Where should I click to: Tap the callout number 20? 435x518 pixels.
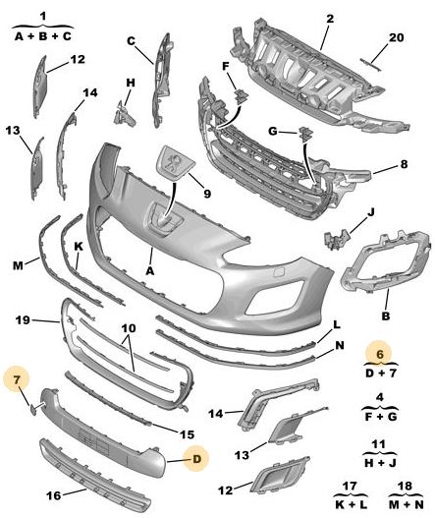396,37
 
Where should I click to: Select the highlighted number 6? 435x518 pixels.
380,354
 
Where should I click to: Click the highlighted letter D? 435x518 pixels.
196,459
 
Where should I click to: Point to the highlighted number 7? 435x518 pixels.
17,379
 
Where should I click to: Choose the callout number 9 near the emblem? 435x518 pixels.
207,194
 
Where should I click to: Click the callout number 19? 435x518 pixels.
23,319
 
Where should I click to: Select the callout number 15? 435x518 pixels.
187,434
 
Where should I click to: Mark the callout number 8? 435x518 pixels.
404,164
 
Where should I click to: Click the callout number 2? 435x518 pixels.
330,19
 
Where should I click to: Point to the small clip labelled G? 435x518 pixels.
305,134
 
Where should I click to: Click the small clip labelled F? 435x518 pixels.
242,95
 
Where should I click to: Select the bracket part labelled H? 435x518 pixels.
124,114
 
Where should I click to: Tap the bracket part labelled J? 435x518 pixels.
337,238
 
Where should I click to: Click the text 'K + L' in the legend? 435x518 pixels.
351,504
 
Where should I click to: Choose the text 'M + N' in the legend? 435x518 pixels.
406,504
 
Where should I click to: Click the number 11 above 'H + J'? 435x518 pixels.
378,444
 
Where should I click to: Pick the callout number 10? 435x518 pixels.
129,328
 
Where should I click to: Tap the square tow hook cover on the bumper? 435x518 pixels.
278,273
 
